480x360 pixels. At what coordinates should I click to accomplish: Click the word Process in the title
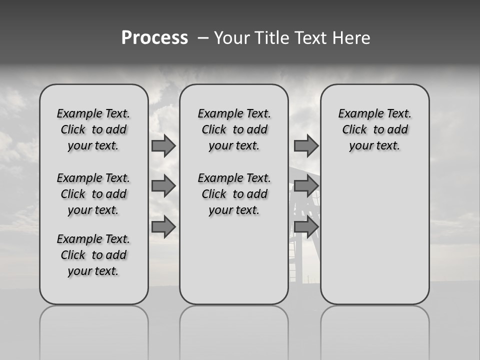[x=154, y=38]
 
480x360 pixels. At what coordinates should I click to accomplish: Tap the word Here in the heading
[x=351, y=38]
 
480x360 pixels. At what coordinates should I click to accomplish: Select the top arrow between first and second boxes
[x=163, y=146]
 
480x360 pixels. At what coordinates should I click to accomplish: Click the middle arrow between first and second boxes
[x=163, y=186]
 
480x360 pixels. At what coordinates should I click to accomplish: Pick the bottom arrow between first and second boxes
[x=163, y=226]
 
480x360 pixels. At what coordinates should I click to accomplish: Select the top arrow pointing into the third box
[x=306, y=146]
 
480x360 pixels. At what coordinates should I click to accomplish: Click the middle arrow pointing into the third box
[x=306, y=186]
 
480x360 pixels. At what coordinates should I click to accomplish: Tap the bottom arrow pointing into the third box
[x=306, y=226]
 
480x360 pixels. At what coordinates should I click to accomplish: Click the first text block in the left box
[x=93, y=129]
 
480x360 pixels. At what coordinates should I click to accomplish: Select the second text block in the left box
[x=93, y=194]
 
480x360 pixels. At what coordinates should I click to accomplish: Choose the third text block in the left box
[x=93, y=255]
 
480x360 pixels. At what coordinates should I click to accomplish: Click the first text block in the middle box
[x=234, y=129]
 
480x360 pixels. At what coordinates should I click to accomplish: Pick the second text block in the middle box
[x=234, y=194]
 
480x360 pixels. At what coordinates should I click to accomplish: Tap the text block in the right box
[x=375, y=129]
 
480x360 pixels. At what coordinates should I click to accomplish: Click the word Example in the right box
[x=355, y=114]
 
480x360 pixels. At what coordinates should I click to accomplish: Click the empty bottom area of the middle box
[x=234, y=265]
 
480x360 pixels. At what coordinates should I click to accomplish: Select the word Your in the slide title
[x=231, y=38]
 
